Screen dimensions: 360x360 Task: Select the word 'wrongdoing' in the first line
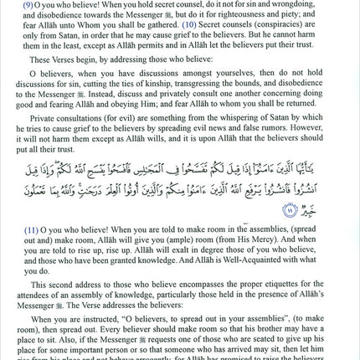click(x=316, y=5)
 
